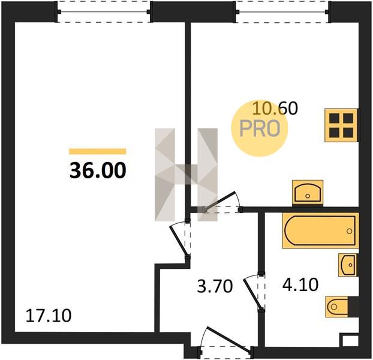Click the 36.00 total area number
coord(98,170)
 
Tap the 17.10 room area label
coord(49,316)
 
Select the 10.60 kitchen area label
coord(275,108)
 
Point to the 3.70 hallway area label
coord(215,286)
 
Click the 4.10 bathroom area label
coord(300,285)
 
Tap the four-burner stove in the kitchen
coord(341,125)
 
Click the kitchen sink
coord(308,193)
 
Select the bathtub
coord(320,230)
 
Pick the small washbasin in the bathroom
coord(348,265)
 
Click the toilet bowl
coord(336,307)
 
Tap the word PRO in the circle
coord(260,128)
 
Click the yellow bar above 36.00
coord(98,151)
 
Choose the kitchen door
coord(221,201)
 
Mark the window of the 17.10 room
coord(104,12)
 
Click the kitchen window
coord(282,12)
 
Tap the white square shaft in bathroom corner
coord(350,341)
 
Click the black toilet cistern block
coord(353,307)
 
